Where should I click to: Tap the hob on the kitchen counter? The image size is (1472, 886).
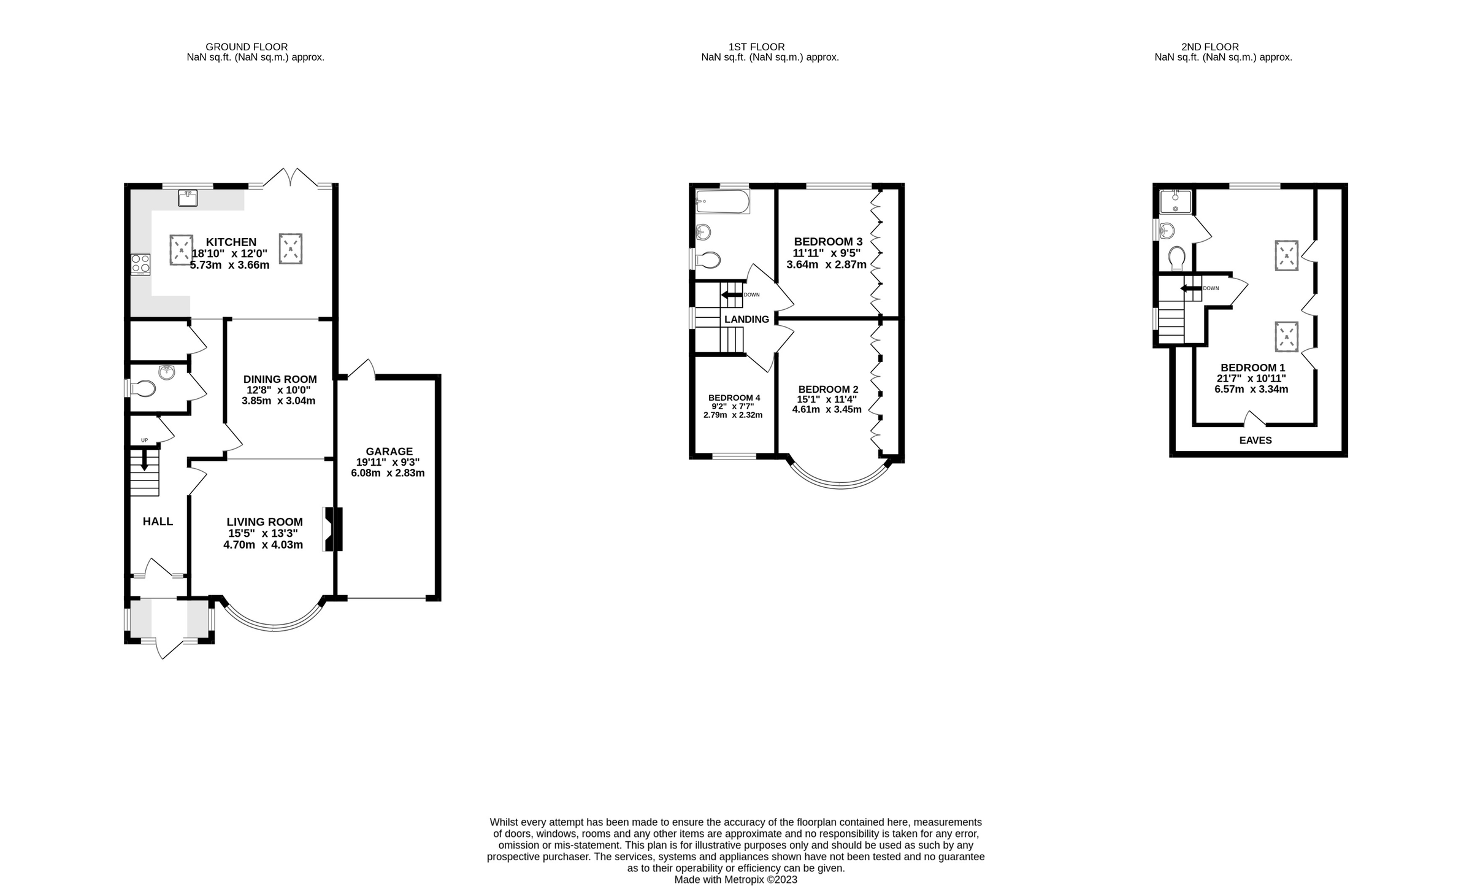[x=140, y=264]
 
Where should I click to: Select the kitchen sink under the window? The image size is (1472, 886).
[x=187, y=198]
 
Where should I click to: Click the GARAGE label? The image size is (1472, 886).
[x=389, y=451]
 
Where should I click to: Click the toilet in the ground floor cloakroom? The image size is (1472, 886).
[x=143, y=388]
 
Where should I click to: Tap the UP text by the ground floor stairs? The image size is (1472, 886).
[x=145, y=440]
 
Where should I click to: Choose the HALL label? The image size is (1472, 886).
[x=158, y=522]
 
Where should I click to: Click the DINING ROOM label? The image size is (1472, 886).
[x=280, y=379]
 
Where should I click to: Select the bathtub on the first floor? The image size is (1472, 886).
[x=723, y=201]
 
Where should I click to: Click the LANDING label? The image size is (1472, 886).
[x=746, y=319]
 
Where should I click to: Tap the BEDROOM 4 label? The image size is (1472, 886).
[x=734, y=398]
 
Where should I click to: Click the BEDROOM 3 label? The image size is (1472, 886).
[x=828, y=242]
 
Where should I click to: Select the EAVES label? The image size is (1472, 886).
[x=1255, y=440]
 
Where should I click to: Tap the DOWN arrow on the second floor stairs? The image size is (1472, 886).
[x=1190, y=288]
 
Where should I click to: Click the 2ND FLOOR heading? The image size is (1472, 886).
[x=1209, y=47]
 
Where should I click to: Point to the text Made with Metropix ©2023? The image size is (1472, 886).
[x=735, y=879]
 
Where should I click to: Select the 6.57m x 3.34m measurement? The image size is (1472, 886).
[x=1251, y=389]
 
